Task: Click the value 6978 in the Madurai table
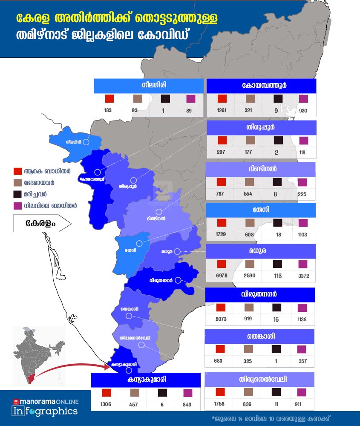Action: point(222,276)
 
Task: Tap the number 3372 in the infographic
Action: point(306,276)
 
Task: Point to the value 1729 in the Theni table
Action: point(222,235)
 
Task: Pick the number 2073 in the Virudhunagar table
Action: point(221,319)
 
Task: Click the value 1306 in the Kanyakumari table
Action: point(107,404)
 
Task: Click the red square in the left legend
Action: point(17,172)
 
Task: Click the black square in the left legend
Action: point(17,194)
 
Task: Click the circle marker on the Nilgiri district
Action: point(86,142)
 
